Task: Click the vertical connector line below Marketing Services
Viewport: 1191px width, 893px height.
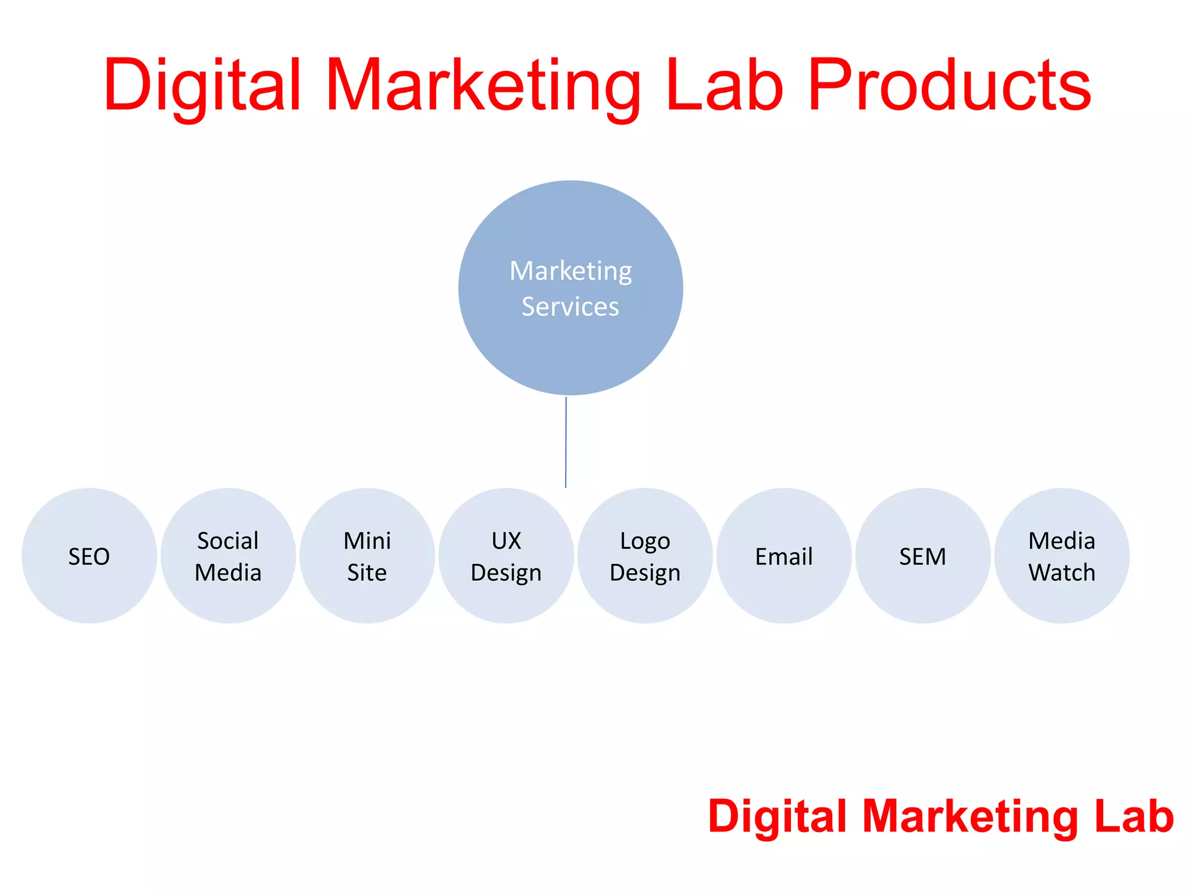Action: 566,442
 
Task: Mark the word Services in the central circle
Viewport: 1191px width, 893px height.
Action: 570,307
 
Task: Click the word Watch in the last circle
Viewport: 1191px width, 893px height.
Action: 1062,573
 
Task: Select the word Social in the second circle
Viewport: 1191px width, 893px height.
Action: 228,541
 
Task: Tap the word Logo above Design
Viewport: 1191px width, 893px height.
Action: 645,541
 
